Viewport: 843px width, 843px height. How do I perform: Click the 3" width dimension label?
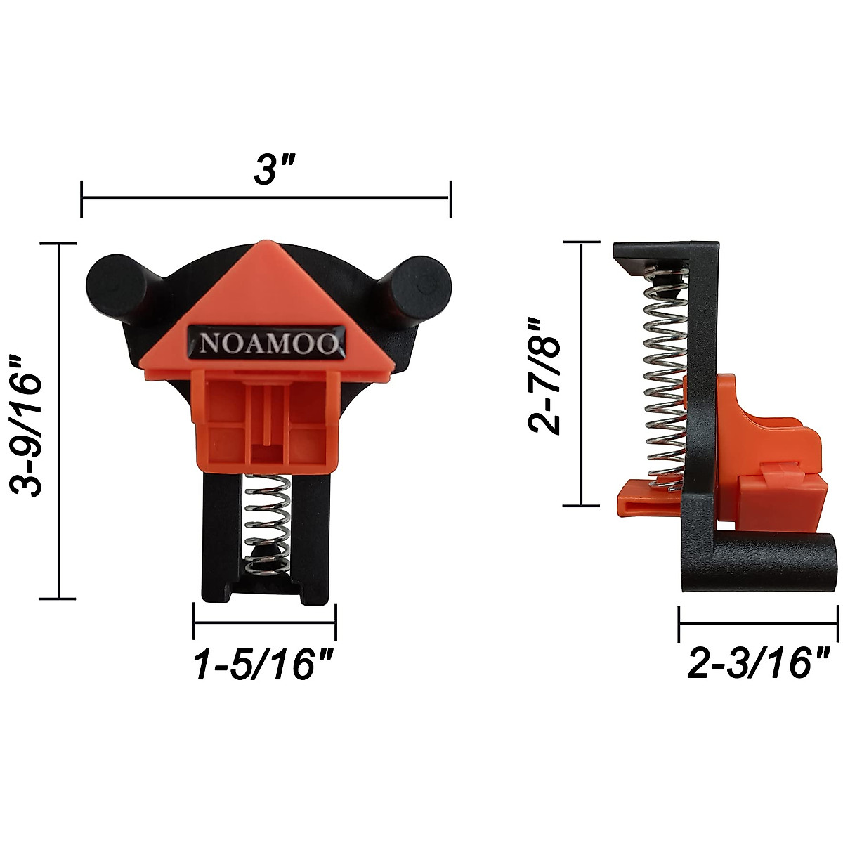(267, 170)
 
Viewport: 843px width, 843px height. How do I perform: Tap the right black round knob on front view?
(419, 284)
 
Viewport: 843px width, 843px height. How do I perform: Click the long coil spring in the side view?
(660, 379)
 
